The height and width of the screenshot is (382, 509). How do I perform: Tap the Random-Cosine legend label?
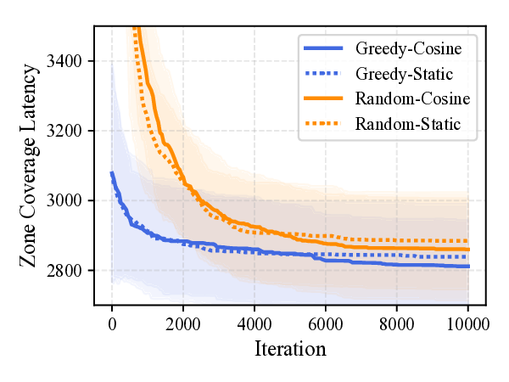point(412,99)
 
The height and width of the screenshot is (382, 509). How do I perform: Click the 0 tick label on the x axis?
point(112,323)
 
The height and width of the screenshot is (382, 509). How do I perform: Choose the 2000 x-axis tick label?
point(183,323)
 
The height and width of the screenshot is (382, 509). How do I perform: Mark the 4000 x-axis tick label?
point(255,323)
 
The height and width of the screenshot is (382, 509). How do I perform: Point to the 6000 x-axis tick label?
point(326,323)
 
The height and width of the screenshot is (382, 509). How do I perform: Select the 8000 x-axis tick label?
point(397,323)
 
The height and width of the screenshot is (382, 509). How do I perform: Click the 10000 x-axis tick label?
point(468,323)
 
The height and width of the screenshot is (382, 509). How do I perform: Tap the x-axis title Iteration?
point(290,348)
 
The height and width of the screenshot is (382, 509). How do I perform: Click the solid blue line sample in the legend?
point(324,48)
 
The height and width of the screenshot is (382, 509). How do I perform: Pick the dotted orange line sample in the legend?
point(324,125)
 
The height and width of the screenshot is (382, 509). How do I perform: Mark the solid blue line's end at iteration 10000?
point(468,267)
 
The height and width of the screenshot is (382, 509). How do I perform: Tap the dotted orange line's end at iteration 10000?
point(468,241)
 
